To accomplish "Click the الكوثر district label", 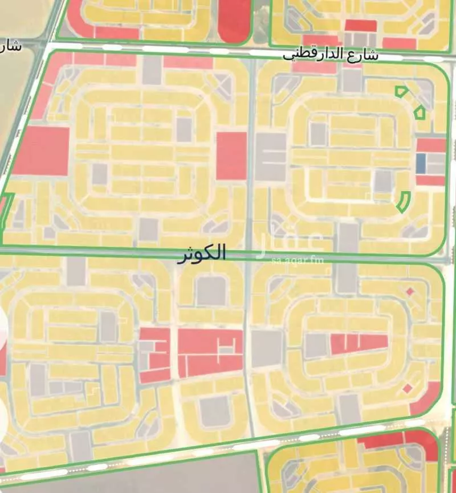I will [x=202, y=253].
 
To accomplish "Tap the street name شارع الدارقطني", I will [x=331, y=55].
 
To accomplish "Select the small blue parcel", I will [x=421, y=164].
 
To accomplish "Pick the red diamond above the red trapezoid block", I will [x=409, y=292].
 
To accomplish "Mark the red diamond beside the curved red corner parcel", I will [x=407, y=389].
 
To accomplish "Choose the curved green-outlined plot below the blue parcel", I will [x=404, y=202].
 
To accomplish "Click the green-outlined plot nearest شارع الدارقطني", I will [x=401, y=91].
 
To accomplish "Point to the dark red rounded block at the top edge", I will [x=234, y=21].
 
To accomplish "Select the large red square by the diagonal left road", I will [x=41, y=150].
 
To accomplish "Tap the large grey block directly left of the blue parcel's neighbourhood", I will [x=270, y=157].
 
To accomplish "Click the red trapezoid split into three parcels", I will [x=359, y=343].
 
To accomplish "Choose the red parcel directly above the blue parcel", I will [x=431, y=145].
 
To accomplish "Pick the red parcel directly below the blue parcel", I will [x=430, y=180].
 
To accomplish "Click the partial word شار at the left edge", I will [x=11, y=46].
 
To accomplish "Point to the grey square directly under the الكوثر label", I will [x=211, y=291].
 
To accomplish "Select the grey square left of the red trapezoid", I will [x=315, y=346].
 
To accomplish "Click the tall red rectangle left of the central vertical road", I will [x=231, y=156].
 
